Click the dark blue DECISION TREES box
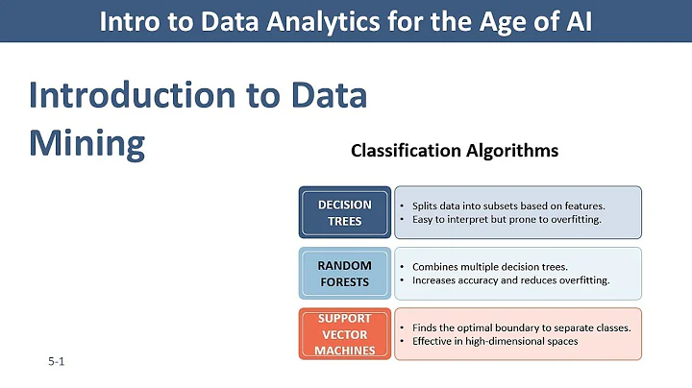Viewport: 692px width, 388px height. click(x=344, y=212)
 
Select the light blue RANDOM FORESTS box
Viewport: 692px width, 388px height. click(x=344, y=273)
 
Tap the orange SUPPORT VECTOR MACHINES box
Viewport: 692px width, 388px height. click(x=344, y=333)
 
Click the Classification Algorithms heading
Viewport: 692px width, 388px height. click(x=454, y=151)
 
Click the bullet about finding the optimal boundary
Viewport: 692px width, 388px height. click(x=521, y=327)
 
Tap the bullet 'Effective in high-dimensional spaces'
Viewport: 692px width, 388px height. click(x=495, y=341)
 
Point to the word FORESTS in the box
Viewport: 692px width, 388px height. click(x=344, y=281)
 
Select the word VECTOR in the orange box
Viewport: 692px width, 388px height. click(x=344, y=333)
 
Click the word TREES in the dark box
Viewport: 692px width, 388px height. click(x=344, y=221)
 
